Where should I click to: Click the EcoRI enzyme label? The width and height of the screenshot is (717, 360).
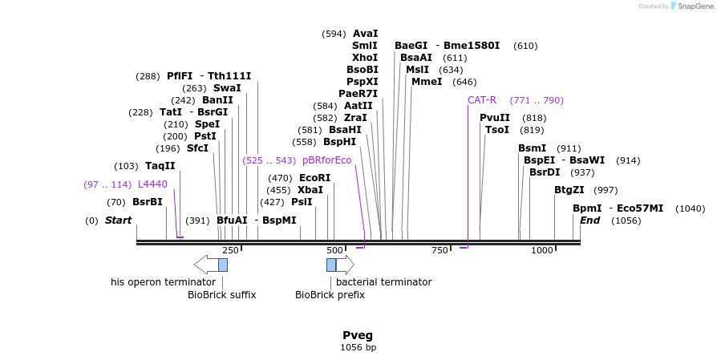click(x=314, y=178)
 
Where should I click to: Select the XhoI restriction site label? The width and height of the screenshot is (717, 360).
click(x=365, y=58)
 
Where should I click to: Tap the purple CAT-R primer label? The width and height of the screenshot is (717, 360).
click(x=482, y=100)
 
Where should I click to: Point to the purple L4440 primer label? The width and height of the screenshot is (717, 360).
click(x=152, y=184)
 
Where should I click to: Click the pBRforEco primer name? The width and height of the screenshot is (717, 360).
click(x=326, y=160)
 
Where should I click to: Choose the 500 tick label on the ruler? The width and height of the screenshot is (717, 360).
click(x=334, y=251)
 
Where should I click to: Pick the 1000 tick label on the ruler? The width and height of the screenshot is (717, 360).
click(x=542, y=251)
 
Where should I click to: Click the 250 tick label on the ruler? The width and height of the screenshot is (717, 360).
click(x=230, y=251)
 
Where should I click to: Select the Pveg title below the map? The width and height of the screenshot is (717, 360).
click(x=358, y=335)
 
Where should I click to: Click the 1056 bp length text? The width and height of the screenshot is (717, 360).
click(x=358, y=348)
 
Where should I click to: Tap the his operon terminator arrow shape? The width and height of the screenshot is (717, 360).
click(x=205, y=265)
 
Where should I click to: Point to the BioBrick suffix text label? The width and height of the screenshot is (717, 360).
click(x=221, y=295)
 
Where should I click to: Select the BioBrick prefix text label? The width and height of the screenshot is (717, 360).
click(x=330, y=295)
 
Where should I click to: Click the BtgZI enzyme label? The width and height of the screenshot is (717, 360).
click(x=569, y=190)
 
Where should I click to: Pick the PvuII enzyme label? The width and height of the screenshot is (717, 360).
click(x=495, y=118)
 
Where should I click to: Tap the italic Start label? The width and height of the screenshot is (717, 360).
click(x=118, y=220)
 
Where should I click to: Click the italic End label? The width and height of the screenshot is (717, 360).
click(x=589, y=220)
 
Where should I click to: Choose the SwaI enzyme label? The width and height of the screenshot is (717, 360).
click(x=227, y=88)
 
